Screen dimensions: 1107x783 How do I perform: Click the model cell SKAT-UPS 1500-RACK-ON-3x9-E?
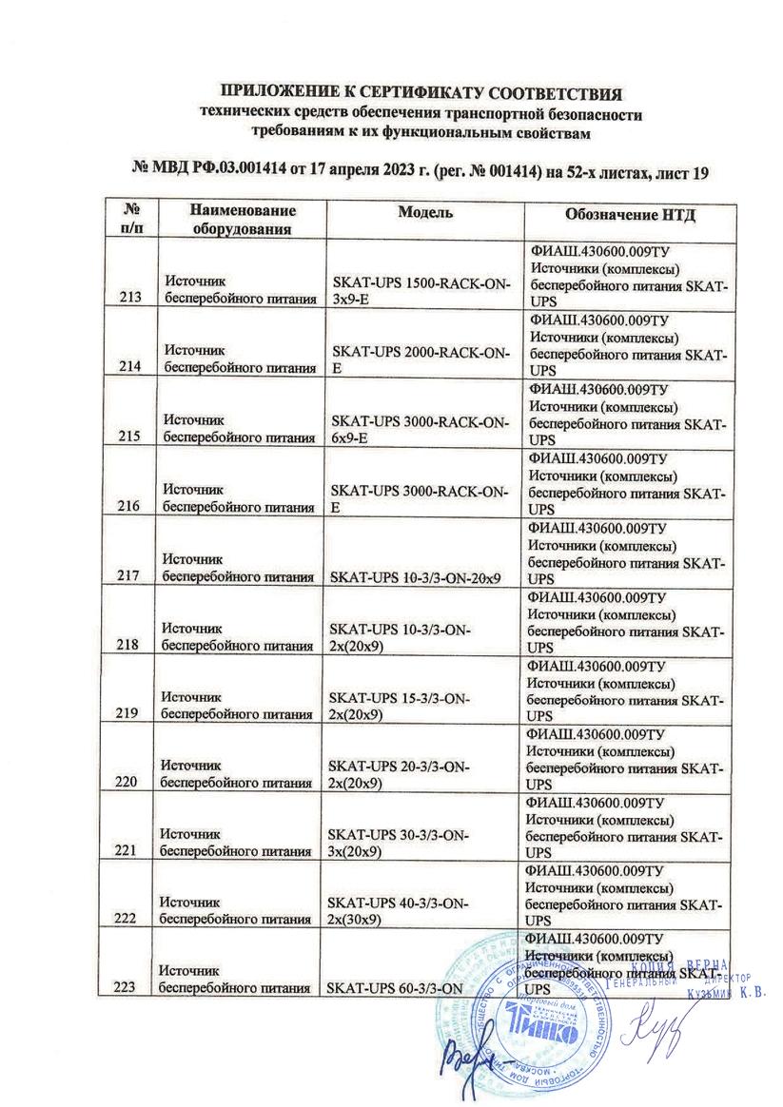[418, 291]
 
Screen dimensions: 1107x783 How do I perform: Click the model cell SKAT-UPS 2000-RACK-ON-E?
[418, 360]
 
